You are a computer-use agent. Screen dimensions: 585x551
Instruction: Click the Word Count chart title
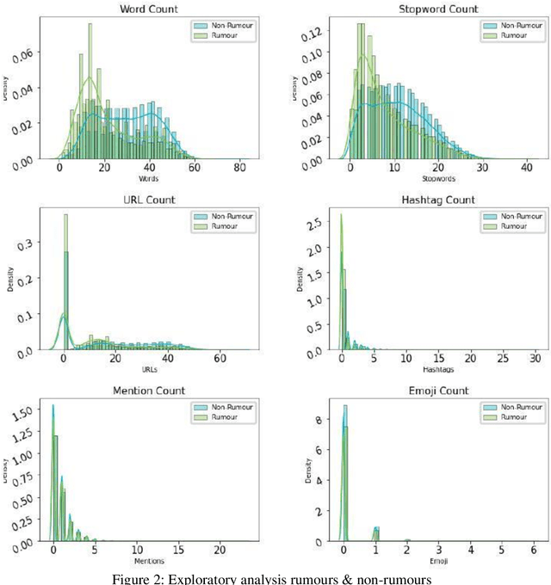click(146, 9)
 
